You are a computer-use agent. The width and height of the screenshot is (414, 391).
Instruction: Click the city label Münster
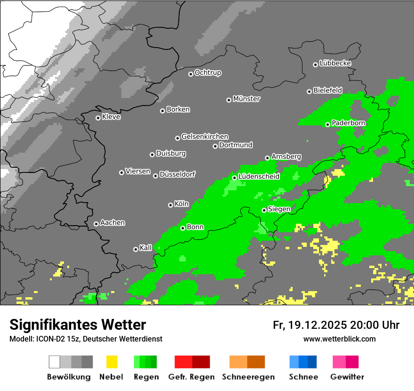pyautogui.click(x=247, y=99)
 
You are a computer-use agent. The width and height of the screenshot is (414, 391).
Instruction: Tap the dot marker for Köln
pyautogui.click(x=170, y=205)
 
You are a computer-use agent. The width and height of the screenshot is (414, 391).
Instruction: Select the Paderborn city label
pyautogui.click(x=349, y=123)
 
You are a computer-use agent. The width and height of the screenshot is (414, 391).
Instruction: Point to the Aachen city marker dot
pyautogui.click(x=96, y=224)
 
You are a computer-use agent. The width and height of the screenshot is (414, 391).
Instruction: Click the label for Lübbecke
pyautogui.click(x=335, y=63)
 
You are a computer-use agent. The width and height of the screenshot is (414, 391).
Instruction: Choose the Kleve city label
pyautogui.click(x=111, y=117)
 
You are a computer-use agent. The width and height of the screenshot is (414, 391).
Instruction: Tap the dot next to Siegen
pyautogui.click(x=264, y=210)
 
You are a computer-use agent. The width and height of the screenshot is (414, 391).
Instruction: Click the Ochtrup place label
pyautogui.click(x=208, y=73)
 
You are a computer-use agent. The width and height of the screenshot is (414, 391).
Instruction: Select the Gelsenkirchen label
pyautogui.click(x=205, y=137)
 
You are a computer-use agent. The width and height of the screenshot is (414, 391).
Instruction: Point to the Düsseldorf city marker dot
pyautogui.click(x=155, y=176)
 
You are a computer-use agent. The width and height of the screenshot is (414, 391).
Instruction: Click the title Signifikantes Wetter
pyautogui.click(x=78, y=325)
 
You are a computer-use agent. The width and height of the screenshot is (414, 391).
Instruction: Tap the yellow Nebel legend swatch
pyautogui.click(x=111, y=362)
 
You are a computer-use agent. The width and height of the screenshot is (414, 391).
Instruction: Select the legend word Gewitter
pyautogui.click(x=347, y=377)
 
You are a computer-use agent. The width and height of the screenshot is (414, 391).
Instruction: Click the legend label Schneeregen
pyautogui.click(x=247, y=377)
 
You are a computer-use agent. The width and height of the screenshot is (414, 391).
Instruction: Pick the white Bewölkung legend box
pyautogui.click(x=55, y=362)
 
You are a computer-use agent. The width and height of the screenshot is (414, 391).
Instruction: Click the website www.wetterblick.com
pyautogui.click(x=340, y=339)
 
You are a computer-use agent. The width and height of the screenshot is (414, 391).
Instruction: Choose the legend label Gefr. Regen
pyautogui.click(x=191, y=377)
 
